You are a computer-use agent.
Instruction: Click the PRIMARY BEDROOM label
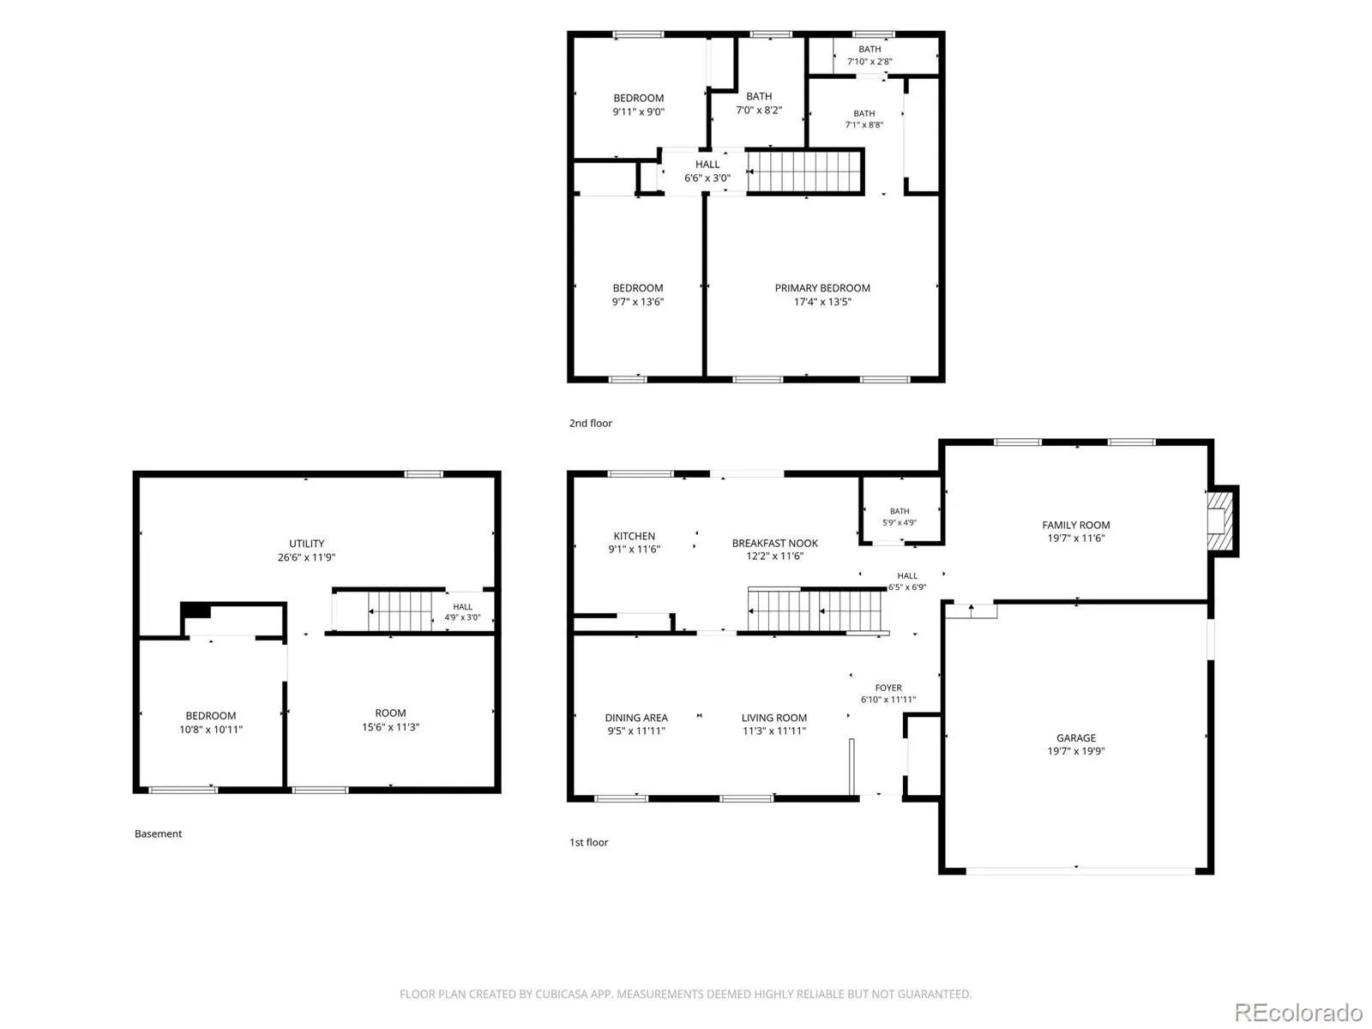point(822,288)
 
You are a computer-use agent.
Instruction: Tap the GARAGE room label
point(1075,737)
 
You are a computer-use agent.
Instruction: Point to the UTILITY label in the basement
point(306,544)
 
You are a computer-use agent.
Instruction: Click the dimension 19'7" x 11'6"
point(1075,538)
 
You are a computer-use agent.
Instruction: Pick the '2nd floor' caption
point(590,423)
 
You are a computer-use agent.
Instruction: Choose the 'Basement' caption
point(158,833)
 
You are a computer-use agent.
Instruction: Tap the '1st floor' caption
point(588,842)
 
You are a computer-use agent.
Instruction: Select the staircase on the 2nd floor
point(805,171)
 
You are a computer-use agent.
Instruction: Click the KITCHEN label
point(634,536)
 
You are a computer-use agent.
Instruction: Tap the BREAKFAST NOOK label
point(774,544)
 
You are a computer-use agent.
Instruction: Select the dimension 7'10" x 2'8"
point(869,61)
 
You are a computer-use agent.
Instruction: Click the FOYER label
point(888,687)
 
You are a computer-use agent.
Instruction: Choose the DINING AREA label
point(635,718)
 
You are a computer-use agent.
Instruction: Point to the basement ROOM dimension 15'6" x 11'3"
point(390,726)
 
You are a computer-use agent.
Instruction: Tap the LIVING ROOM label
point(773,718)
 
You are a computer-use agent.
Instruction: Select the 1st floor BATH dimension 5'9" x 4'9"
point(899,522)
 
